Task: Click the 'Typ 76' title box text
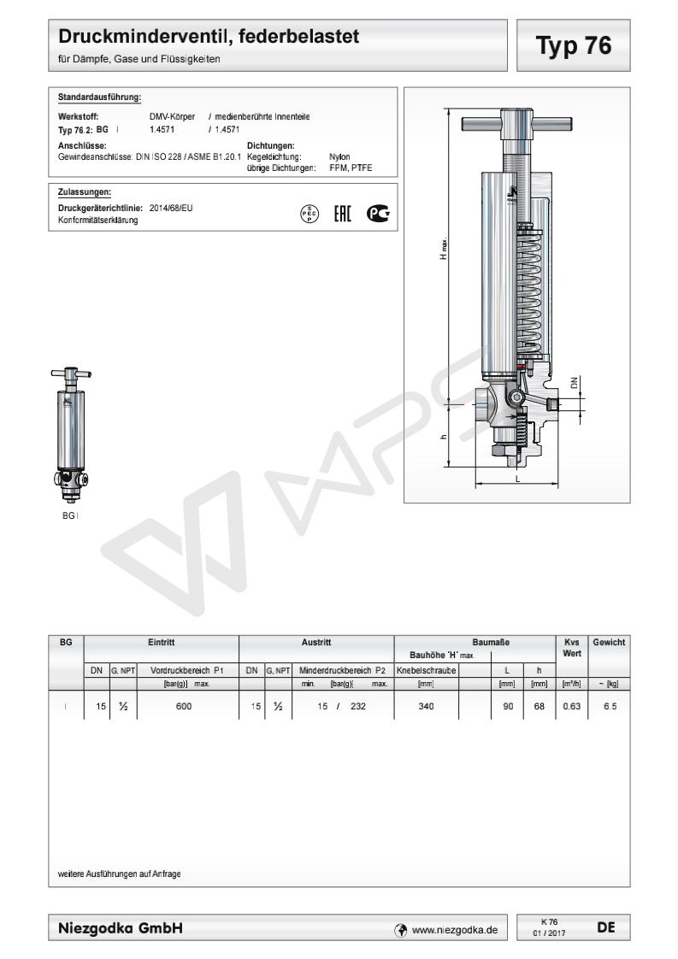[x=574, y=46]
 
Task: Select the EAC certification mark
[x=343, y=214]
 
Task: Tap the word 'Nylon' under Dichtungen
[x=339, y=156]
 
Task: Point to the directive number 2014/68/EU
[x=171, y=208]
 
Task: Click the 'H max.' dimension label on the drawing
[x=444, y=249]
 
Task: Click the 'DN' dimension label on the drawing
[x=574, y=383]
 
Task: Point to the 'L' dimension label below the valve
[x=517, y=478]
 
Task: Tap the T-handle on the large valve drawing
[x=517, y=124]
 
